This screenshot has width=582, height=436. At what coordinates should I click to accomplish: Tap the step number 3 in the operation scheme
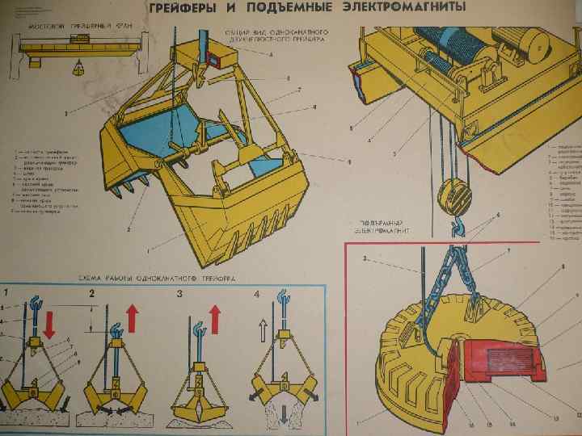point(180,294)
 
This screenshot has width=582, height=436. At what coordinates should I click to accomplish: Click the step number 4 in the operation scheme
point(256,294)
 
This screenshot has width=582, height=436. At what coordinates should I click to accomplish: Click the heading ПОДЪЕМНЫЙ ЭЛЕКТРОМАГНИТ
point(382,225)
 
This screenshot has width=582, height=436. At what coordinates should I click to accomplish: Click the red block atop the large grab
point(216,57)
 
